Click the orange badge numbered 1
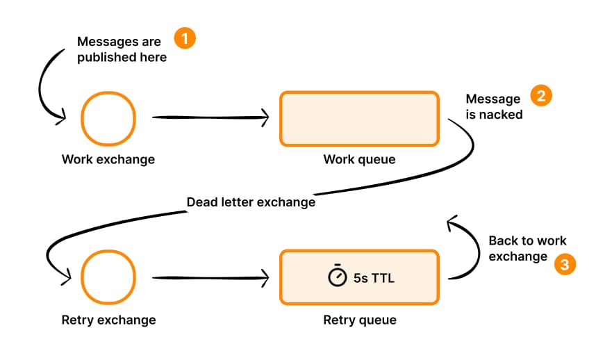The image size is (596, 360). point(185,38)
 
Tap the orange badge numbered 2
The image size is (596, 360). point(541,96)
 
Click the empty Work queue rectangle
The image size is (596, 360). point(359,119)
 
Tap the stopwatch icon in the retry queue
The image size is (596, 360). point(338,276)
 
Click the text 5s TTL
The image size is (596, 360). point(374,277)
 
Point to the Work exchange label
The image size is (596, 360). point(108,160)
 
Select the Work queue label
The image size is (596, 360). point(359,160)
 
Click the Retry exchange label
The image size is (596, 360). point(108,320)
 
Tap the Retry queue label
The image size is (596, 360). point(359,320)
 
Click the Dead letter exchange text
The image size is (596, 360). point(251,202)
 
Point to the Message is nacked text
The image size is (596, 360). point(493,107)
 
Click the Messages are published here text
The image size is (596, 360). point(122,49)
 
